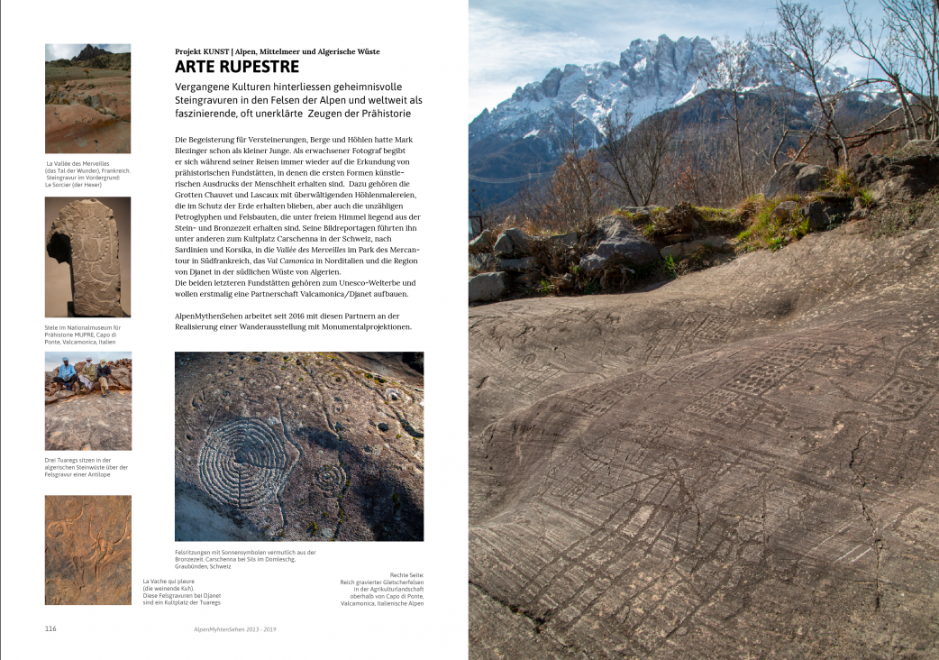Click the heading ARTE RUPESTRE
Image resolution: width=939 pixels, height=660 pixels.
click(237, 67)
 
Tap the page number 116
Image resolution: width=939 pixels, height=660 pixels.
click(50, 628)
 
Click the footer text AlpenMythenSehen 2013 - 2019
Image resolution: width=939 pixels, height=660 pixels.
click(235, 628)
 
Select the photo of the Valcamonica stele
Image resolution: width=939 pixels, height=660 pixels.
click(88, 257)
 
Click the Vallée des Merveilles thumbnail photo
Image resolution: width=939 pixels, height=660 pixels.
click(88, 98)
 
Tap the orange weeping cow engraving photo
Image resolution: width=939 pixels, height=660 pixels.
click(88, 549)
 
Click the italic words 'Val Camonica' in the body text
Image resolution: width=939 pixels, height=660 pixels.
click(294, 261)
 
